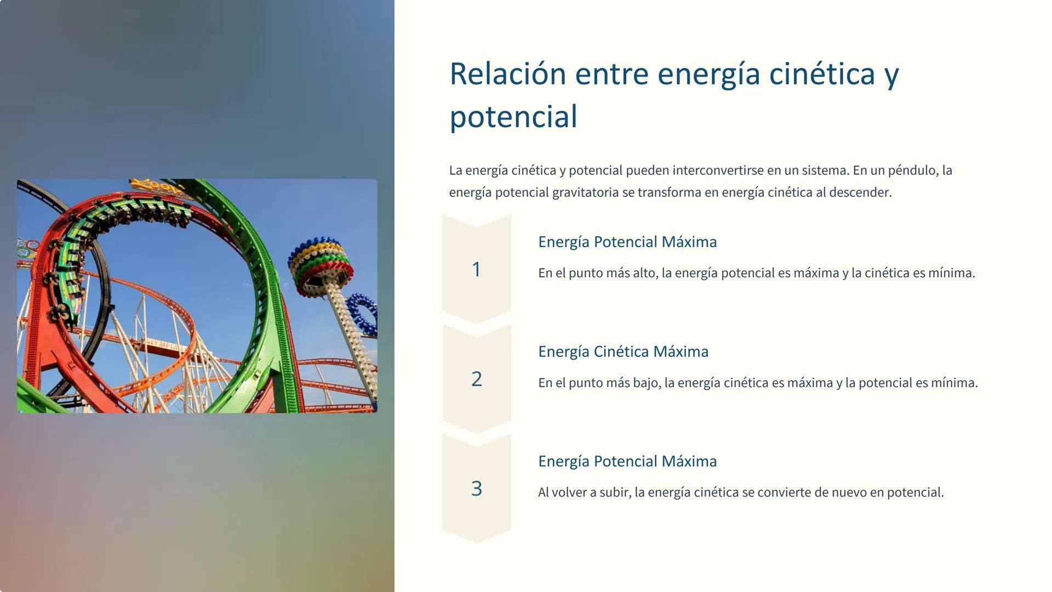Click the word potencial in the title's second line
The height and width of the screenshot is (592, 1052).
point(513,117)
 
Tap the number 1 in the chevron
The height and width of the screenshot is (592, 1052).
point(476,269)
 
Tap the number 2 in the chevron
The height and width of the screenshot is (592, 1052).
point(476,379)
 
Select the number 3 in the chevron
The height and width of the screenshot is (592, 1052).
point(476,488)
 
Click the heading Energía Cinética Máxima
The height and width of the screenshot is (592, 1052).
point(623,351)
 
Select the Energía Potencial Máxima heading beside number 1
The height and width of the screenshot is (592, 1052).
point(627,242)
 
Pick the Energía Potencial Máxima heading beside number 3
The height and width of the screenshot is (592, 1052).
point(627,461)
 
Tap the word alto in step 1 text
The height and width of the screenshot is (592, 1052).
point(644,273)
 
